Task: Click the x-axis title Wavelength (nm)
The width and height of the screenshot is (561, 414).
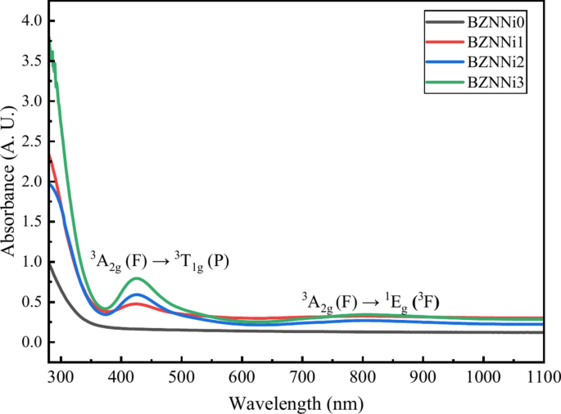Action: (x=296, y=403)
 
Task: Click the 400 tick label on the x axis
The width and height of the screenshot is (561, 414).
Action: (x=121, y=378)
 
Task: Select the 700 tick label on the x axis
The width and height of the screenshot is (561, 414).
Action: (x=302, y=378)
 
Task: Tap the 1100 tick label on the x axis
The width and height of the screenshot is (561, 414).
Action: (x=541, y=378)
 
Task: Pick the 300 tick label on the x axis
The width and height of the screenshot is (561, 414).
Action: (x=61, y=378)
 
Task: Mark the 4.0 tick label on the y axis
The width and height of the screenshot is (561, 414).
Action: (x=30, y=20)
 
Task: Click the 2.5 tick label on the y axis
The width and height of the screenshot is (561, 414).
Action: (x=30, y=141)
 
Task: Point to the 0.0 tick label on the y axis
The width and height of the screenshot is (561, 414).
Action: (x=30, y=342)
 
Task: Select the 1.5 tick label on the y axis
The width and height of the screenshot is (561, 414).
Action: (x=30, y=221)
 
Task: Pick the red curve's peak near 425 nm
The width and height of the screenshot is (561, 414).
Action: (x=136, y=304)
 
